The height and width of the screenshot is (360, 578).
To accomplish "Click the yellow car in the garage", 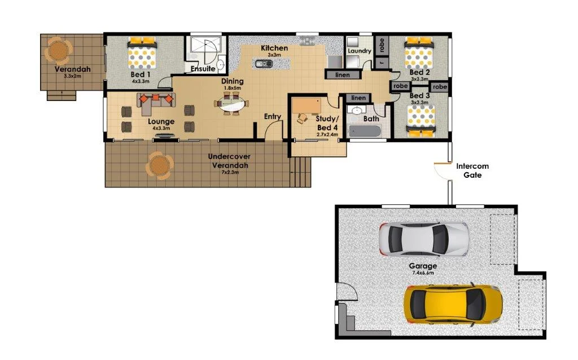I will coord(453,304).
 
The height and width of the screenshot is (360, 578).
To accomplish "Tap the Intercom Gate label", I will coord(472,170).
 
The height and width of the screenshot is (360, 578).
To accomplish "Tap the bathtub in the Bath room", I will coord(365,131).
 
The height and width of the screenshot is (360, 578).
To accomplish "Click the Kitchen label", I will coord(274,48).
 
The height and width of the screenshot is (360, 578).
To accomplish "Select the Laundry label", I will coord(360,51).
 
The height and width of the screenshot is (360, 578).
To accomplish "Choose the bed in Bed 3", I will coord(421,122).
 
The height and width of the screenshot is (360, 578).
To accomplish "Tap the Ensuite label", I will coord(203,69).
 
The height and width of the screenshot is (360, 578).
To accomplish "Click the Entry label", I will coord(273,117).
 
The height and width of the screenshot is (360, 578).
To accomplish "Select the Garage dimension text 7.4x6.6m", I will coord(422,273).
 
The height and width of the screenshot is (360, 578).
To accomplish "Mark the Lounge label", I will coord(161,121).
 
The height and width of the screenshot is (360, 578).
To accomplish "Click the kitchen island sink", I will coord(264,63).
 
